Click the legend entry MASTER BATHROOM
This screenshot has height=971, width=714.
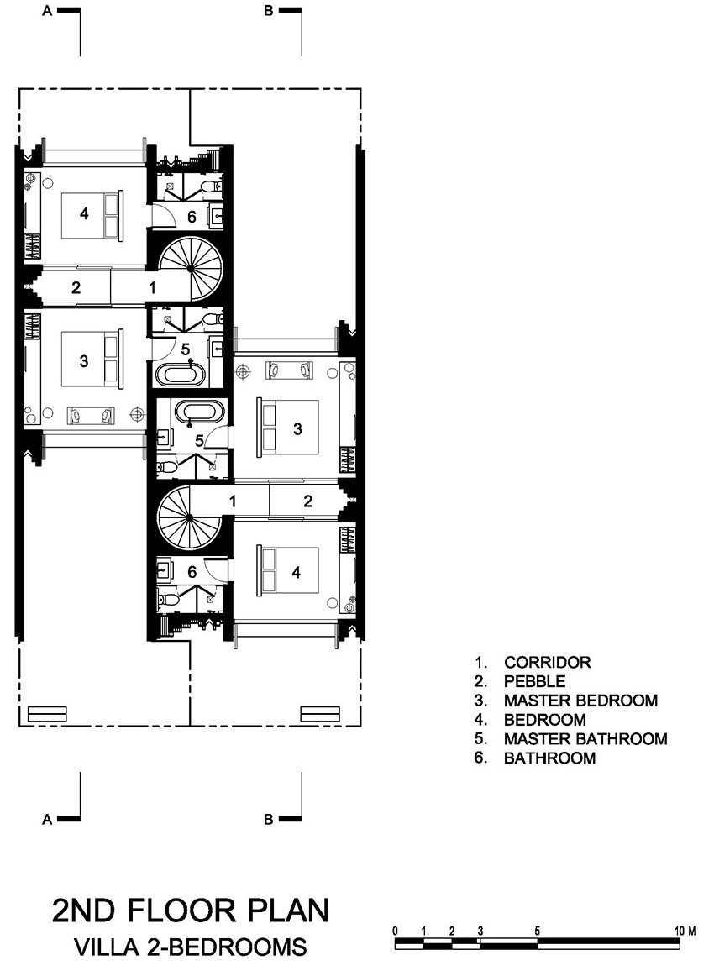point(585,739)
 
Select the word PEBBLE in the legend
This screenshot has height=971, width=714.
point(534,681)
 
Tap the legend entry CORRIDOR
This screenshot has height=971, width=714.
point(548,662)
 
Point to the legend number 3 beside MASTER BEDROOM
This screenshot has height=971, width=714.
point(480,701)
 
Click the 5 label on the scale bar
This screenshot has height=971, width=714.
point(537,931)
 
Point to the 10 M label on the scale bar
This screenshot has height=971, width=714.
point(685,931)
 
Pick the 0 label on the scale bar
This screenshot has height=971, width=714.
point(396,931)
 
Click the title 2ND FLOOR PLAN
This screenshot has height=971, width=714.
point(191,911)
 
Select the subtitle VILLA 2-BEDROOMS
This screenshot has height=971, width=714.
point(191,947)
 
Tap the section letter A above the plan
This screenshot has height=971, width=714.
point(46,11)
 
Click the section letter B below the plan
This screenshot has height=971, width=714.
point(268,819)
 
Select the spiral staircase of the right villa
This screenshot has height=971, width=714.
point(187,516)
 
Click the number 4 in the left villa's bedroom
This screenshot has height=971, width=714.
point(84,213)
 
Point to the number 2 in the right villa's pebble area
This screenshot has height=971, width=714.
point(307,501)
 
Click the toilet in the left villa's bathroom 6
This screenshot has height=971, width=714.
point(212,185)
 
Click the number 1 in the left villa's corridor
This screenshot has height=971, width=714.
point(152,287)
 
